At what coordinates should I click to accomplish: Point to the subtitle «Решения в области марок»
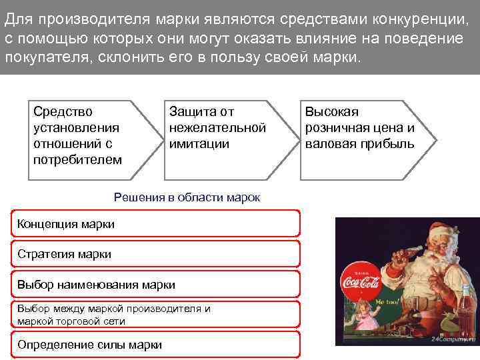187,197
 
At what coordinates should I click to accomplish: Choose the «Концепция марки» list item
155,224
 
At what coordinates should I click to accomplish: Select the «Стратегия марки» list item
155,254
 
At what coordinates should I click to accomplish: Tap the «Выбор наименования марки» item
155,285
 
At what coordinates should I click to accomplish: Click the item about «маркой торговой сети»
155,315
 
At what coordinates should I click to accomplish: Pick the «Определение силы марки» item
155,345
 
